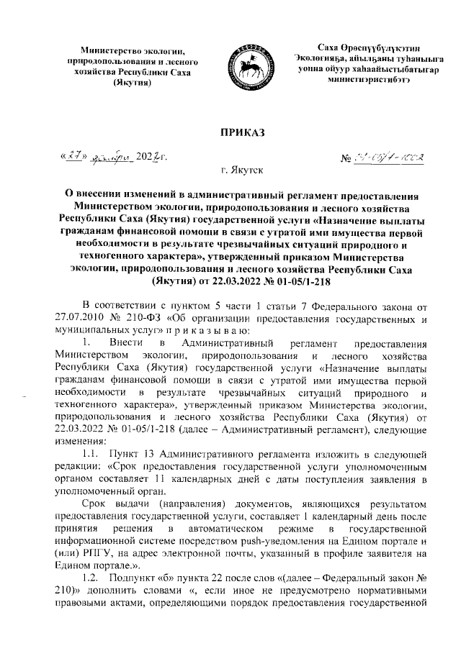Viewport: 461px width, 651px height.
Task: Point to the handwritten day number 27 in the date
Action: (x=70, y=158)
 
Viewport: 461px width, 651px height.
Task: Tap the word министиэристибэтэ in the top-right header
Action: (x=369, y=83)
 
